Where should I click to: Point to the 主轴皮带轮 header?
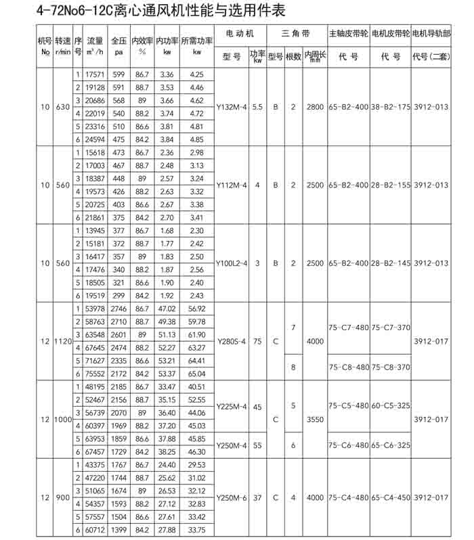pyautogui.click(x=349, y=33)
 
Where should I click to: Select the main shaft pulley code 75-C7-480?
pyautogui.click(x=349, y=327)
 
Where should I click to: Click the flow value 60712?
pyautogui.click(x=94, y=529)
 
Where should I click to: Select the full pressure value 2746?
pyautogui.click(x=118, y=309)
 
